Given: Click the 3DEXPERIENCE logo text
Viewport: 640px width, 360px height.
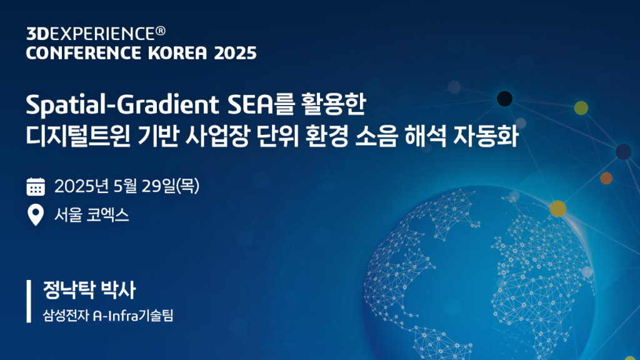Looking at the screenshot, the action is [91, 34].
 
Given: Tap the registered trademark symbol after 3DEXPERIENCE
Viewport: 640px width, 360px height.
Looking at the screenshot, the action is [161, 31].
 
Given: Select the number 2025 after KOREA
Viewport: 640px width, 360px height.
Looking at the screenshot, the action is [235, 53].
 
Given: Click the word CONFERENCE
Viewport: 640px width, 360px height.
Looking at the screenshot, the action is [83, 53].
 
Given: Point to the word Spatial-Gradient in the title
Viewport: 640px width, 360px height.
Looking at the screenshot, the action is [122, 105].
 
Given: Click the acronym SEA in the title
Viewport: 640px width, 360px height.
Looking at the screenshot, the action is [250, 104].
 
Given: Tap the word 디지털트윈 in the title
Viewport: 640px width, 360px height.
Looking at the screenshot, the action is [78, 136].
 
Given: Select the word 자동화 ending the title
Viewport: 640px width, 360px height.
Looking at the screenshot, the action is [486, 136].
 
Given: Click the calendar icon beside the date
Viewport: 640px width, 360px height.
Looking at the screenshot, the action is [36, 186].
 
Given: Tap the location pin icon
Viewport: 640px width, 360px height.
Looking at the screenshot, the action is [36, 215].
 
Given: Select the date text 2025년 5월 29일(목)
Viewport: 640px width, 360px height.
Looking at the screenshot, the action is [127, 186].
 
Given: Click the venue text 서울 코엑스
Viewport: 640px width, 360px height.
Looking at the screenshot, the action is [92, 215].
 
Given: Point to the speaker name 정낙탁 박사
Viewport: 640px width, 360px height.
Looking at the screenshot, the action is [89, 290].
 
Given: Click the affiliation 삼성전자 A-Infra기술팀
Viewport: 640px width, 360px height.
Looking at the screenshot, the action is [108, 316].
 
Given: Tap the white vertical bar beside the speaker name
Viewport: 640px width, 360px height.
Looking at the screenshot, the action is [29, 301].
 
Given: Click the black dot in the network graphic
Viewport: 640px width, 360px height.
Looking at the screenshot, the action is [504, 99].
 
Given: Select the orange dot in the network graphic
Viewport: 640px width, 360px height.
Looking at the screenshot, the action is [606, 178].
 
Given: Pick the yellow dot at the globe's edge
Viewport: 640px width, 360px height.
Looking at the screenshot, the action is [558, 209].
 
